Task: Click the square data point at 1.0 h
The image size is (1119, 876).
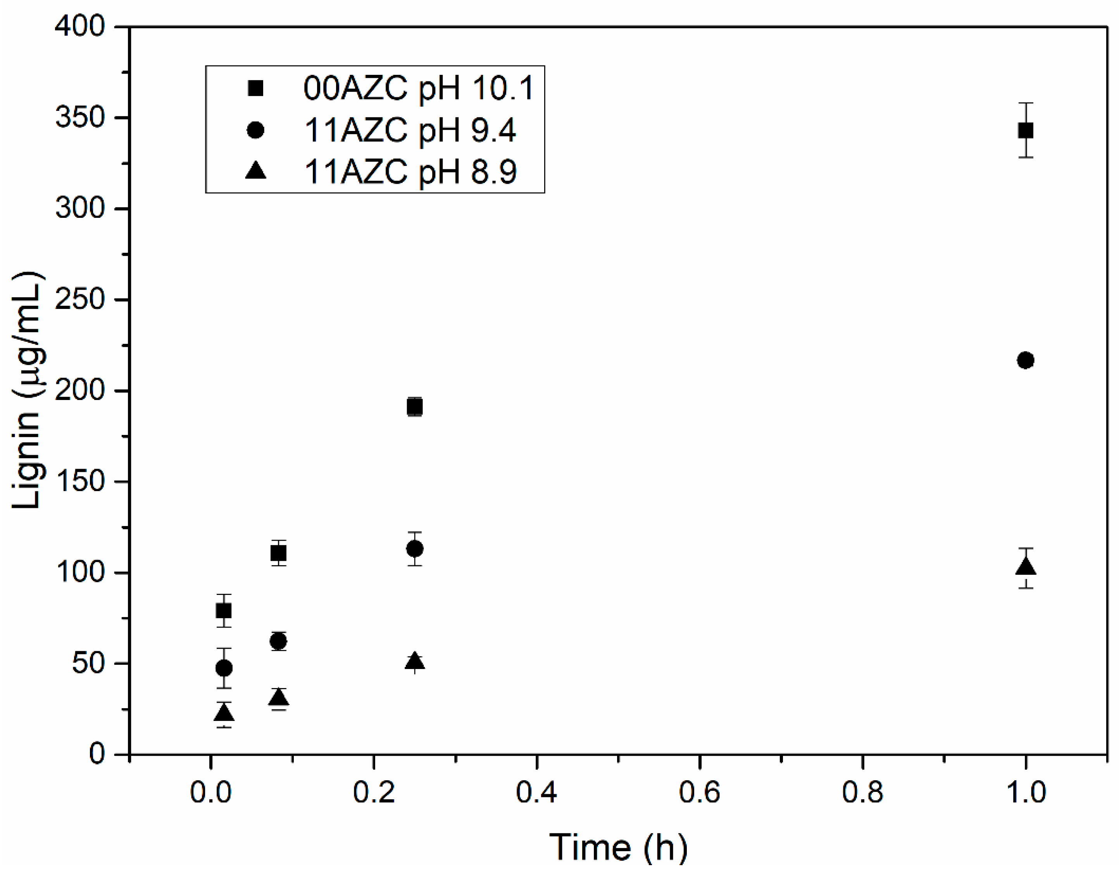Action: pos(1025,130)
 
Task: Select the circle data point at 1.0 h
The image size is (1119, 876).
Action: pos(1025,360)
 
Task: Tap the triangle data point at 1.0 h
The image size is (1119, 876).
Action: pos(1025,567)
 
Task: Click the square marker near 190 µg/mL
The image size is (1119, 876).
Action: pos(414,407)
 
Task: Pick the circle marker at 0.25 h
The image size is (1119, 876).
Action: pos(414,549)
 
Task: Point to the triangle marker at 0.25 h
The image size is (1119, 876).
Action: pos(414,662)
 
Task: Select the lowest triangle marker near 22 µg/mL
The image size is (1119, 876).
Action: pos(224,713)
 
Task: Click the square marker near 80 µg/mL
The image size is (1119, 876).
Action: pos(224,611)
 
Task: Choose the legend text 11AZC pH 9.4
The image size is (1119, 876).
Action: pos(410,130)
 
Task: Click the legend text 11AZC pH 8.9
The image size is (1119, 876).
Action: pos(410,171)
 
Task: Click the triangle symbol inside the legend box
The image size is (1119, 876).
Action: pos(255,170)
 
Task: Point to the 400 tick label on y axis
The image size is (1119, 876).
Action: pos(80,26)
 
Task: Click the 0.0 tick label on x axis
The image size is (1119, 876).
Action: pos(210,792)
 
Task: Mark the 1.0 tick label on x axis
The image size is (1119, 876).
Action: pos(1025,792)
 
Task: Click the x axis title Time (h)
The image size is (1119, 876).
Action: pos(618,847)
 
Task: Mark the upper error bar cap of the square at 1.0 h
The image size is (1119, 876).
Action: pos(1025,103)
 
